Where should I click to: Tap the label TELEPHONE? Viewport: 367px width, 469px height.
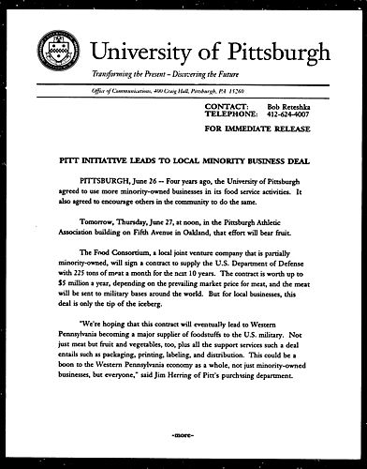point(231,118)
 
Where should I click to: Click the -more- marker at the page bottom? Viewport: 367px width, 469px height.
point(184,436)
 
